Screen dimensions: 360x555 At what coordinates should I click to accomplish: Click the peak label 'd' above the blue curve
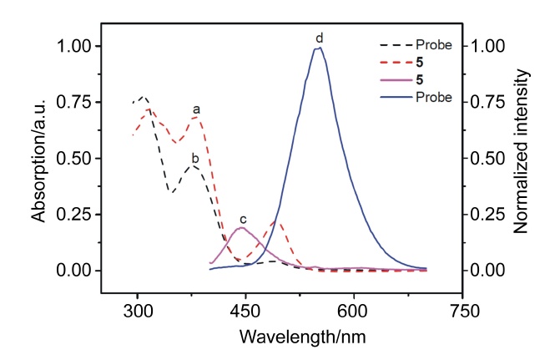pyautogui.click(x=319, y=38)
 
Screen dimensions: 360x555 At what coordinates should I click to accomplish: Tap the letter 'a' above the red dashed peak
pyautogui.click(x=197, y=109)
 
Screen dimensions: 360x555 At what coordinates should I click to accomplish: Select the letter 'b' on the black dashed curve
pyautogui.click(x=194, y=157)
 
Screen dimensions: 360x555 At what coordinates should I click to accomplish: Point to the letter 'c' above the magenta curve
pyautogui.click(x=242, y=219)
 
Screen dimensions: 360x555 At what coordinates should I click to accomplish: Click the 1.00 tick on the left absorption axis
pyautogui.click(x=72, y=47)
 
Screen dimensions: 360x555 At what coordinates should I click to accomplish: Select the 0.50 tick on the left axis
pyautogui.click(x=72, y=159)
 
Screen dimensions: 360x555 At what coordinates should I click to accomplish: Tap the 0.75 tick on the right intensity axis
pyautogui.click(x=489, y=103)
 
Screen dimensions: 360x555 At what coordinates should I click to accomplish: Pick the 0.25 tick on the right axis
pyautogui.click(x=489, y=215)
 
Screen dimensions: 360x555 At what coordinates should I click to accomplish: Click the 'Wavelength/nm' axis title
pyautogui.click(x=301, y=337)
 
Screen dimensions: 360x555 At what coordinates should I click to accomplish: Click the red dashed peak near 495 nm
pyautogui.click(x=279, y=223)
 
